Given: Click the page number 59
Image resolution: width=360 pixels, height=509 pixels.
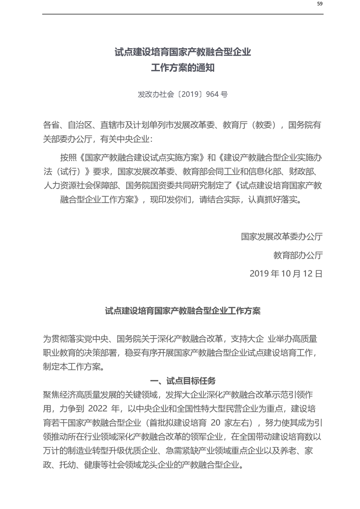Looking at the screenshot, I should [x=320, y=4].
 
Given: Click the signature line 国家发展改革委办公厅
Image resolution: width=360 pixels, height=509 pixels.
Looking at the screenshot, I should [x=282, y=236].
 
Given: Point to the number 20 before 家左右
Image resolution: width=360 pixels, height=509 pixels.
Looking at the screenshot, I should [x=216, y=423].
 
